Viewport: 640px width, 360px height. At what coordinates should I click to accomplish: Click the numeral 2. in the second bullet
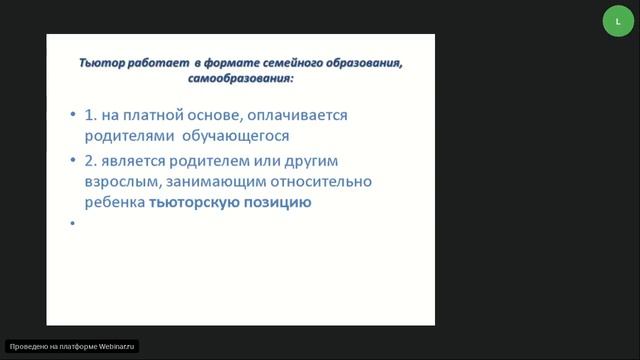pyautogui.click(x=97, y=161)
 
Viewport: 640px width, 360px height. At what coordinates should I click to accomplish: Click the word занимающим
pyautogui.click(x=226, y=181)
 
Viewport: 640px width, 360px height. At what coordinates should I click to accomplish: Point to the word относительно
pyautogui.click(x=337, y=181)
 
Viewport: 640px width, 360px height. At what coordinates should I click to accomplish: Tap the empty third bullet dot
pyautogui.click(x=75, y=223)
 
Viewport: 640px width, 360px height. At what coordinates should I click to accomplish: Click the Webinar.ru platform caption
pyautogui.click(x=72, y=346)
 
